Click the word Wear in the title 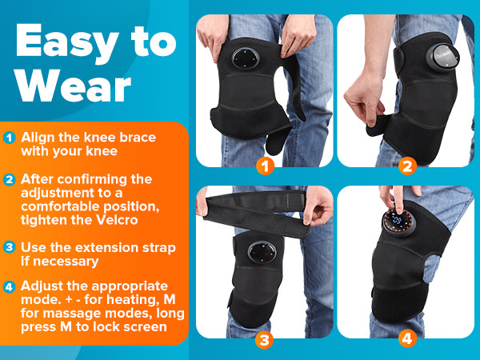pos(74,86)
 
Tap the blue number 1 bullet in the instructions pos(9,138)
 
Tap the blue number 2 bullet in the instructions pos(9,180)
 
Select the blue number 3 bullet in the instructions pos(9,246)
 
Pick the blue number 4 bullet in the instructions pos(9,287)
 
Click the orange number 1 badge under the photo pos(265,166)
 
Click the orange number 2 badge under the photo pos(407,166)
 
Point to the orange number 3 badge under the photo pos(265,340)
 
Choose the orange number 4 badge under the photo pos(407,339)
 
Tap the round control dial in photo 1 pos(246,58)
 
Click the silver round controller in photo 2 pos(443,57)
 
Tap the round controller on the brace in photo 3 pos(262,253)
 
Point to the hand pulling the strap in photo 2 pos(364,101)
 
